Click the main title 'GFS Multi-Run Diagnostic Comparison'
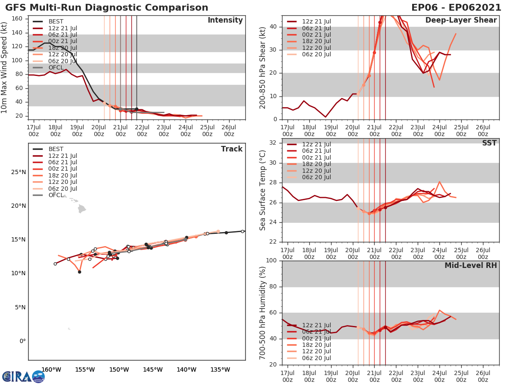click(x=107, y=8)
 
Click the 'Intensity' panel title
click(x=225, y=20)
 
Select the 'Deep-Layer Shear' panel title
click(x=461, y=20)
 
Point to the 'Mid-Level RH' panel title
click(x=470, y=265)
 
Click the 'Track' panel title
click(x=232, y=149)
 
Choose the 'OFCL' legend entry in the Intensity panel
click(x=56, y=68)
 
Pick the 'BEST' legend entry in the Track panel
click(x=56, y=149)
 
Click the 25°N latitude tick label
click(x=17, y=172)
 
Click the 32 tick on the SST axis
click(x=274, y=143)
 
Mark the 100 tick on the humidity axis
click(x=272, y=261)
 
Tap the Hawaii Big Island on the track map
click(x=81, y=209)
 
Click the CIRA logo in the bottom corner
click(x=23, y=376)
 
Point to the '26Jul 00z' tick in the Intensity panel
click(x=229, y=131)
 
